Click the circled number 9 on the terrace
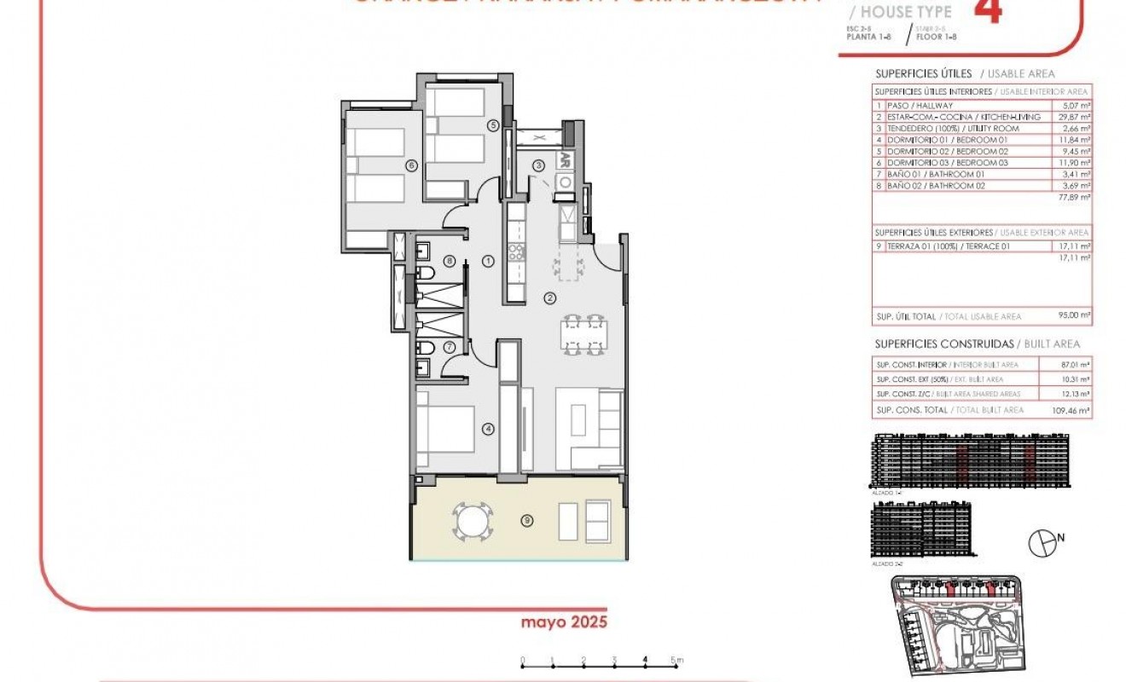click(527, 520)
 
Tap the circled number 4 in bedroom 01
click(488, 429)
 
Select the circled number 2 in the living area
click(550, 298)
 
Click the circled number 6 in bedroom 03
click(411, 165)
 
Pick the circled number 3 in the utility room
click(539, 165)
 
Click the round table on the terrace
click(472, 520)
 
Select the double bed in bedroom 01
click(445, 429)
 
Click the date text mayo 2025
click(564, 622)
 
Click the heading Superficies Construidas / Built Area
click(977, 344)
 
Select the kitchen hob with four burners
click(516, 251)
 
